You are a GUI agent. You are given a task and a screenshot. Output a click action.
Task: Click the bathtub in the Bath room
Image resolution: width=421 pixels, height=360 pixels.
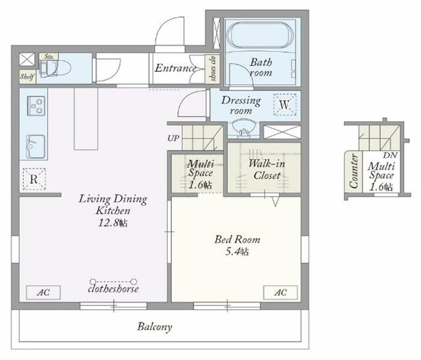point(260,36)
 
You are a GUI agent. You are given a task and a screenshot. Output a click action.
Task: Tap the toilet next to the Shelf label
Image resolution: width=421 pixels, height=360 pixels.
point(55,68)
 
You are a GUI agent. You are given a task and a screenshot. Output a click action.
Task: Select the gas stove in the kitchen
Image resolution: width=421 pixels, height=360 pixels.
point(36,106)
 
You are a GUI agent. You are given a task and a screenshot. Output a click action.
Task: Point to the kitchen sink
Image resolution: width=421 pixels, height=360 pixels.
point(36,146)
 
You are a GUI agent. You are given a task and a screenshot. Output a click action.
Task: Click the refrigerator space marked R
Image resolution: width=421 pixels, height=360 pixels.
point(34,179)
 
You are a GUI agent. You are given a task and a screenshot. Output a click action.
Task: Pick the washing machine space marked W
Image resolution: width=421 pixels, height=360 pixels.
point(285,105)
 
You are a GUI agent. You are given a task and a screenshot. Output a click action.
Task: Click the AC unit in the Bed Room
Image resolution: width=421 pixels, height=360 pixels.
point(280,292)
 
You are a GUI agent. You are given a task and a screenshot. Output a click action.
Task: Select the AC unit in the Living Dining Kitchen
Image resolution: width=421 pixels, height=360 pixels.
point(43,292)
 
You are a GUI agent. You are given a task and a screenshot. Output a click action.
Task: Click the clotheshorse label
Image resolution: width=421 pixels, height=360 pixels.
point(113,289)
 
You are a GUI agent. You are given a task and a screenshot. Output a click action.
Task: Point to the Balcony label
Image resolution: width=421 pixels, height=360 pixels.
point(155,326)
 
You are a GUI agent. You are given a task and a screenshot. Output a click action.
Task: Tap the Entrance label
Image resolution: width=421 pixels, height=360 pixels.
point(175,68)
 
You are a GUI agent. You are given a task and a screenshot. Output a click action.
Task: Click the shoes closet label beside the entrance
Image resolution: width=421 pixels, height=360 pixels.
point(213,68)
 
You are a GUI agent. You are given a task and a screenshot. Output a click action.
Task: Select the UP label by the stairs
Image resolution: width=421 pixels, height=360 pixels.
point(173,138)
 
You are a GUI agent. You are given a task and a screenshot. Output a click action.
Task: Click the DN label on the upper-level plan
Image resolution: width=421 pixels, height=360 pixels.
point(390,155)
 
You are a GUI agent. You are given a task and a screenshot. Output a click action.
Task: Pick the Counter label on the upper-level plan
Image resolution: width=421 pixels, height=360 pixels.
point(354,171)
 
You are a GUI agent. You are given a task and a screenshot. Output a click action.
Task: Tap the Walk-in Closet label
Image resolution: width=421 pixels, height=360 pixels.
point(266,169)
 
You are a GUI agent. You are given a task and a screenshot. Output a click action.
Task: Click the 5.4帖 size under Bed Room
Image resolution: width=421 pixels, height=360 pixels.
point(237,251)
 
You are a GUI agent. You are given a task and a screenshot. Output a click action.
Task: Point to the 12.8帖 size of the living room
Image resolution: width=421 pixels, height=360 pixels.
point(112,223)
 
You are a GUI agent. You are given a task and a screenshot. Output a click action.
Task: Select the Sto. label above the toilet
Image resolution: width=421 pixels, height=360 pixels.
point(49,57)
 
